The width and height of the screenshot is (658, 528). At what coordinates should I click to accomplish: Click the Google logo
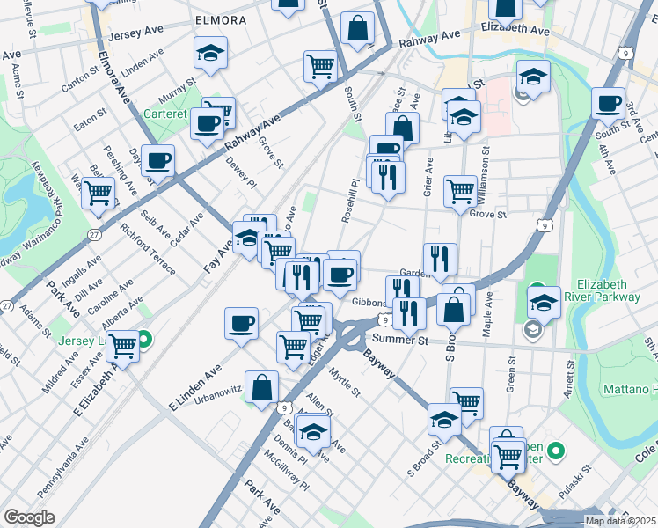click(29, 517)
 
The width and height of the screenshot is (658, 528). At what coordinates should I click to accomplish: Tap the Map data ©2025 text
click(619, 521)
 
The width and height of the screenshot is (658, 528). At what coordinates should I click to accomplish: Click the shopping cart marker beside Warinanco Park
click(99, 192)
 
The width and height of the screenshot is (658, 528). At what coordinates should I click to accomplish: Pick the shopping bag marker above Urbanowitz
click(262, 385)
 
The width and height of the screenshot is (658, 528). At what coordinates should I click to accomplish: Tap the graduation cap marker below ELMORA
click(210, 53)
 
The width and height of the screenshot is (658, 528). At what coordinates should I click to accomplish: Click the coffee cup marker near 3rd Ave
click(608, 103)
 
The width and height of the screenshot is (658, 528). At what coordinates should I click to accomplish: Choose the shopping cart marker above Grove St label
click(461, 189)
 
